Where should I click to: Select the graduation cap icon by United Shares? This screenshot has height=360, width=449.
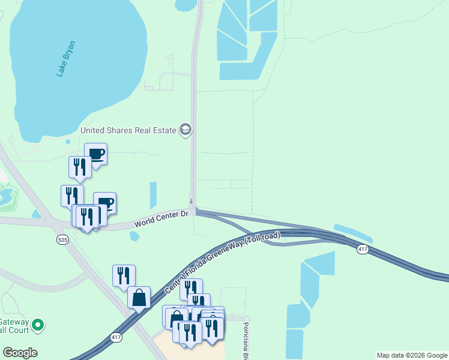185,130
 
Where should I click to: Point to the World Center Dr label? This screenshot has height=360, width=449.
161,218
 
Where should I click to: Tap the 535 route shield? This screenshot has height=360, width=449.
62,239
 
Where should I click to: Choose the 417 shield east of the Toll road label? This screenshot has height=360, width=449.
362,248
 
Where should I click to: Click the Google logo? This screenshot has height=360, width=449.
20,353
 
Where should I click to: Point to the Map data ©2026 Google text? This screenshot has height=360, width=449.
412,355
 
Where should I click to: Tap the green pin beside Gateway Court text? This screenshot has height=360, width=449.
38,325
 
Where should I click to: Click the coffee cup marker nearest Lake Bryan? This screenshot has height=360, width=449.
95,154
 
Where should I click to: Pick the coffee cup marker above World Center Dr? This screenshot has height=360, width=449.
104,203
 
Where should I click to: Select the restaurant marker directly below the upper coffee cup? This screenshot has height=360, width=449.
80,167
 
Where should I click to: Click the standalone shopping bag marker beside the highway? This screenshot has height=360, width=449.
139,297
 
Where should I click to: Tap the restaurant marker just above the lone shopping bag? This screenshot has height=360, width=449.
124,275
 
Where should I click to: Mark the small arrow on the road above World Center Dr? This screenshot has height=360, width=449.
191,202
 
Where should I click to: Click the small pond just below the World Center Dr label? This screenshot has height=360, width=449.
134,236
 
